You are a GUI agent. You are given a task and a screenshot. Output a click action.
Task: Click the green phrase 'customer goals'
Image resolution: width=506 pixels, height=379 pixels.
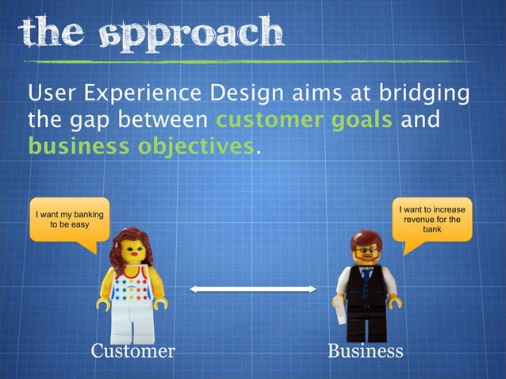(x=304, y=121)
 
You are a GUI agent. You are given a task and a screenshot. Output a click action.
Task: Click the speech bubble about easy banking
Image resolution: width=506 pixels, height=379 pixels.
(x=69, y=220)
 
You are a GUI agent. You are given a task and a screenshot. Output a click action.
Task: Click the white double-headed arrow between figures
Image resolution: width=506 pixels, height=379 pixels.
(x=252, y=290)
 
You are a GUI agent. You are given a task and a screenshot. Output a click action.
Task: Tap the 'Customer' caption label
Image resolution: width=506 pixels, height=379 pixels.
(x=132, y=350)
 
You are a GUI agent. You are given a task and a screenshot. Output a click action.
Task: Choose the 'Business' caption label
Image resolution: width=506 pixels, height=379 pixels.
(x=366, y=350)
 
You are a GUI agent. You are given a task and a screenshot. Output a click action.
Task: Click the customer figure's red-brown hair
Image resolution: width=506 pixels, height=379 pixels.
(x=131, y=242)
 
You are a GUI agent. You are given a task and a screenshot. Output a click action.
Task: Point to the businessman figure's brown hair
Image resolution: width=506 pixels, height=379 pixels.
(x=366, y=239)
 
